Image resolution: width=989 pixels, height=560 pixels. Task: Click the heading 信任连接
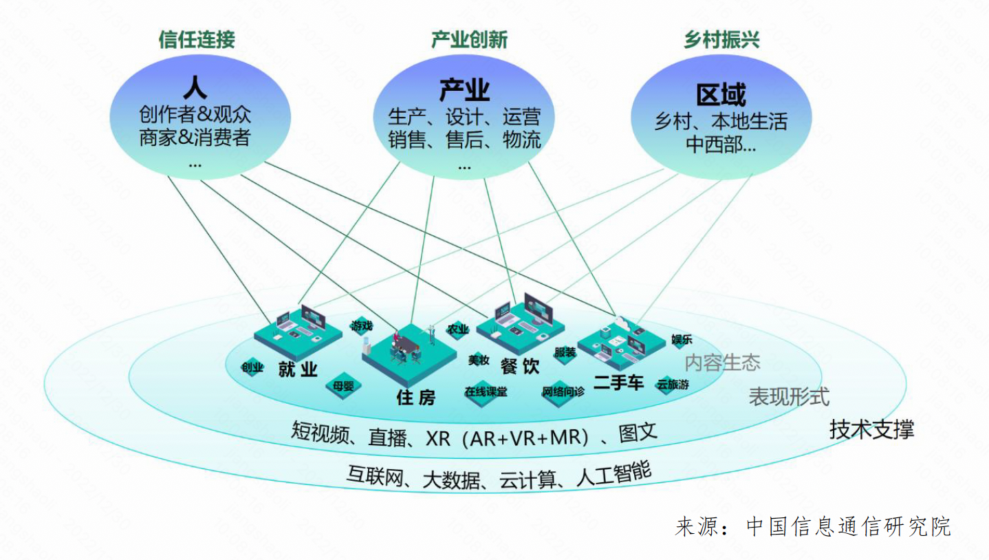(197, 39)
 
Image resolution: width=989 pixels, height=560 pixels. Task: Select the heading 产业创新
(469, 39)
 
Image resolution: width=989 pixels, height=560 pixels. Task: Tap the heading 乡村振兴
(721, 39)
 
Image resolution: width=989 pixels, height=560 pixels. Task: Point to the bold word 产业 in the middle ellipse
(464, 90)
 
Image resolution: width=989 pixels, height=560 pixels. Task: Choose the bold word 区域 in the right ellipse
(721, 95)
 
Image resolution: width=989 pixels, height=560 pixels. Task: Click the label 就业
(298, 369)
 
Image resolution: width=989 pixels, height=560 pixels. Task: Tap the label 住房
(416, 397)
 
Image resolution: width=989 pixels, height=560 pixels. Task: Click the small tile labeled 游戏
(361, 325)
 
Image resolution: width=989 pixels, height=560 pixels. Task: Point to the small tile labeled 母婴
(343, 386)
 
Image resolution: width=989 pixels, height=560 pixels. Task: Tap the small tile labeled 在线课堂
(486, 392)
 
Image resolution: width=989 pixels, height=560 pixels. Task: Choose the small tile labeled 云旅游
(673, 385)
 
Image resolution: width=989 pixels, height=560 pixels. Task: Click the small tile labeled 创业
(252, 367)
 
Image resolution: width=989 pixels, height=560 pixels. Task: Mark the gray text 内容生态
(722, 363)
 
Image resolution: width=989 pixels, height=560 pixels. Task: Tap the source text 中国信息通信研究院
(849, 526)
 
